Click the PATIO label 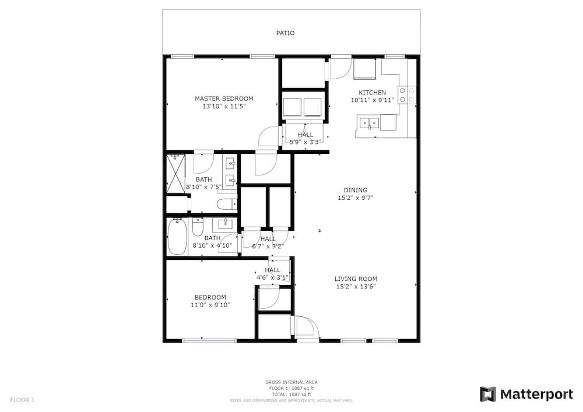(x=285, y=33)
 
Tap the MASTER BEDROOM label (x=224, y=98)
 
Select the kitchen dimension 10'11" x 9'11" (x=372, y=100)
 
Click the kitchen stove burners (x=407, y=95)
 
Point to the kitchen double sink (x=368, y=122)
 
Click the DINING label (x=356, y=190)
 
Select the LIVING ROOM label (x=356, y=279)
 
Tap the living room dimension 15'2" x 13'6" (x=356, y=287)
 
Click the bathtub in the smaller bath (x=177, y=237)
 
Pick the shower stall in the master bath (x=176, y=174)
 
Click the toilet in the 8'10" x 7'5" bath (x=227, y=203)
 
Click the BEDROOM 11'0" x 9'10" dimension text (x=210, y=305)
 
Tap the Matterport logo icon (x=488, y=394)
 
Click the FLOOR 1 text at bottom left (x=22, y=400)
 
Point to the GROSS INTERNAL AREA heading (x=291, y=382)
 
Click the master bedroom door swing (x=268, y=136)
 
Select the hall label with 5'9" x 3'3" (x=305, y=138)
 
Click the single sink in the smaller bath (x=225, y=224)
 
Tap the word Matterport (x=536, y=394)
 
